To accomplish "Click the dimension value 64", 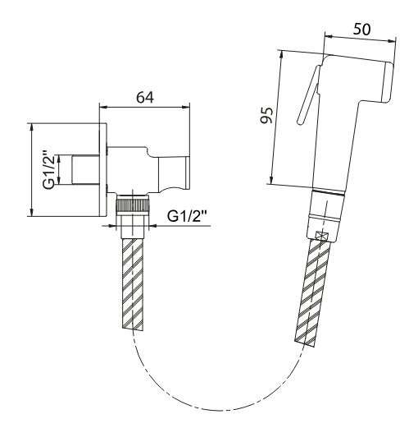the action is pyautogui.click(x=145, y=97).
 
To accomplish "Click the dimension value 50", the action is pyautogui.click(x=361, y=29).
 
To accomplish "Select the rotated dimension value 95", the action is pyautogui.click(x=266, y=115).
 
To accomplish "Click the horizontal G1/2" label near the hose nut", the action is pyautogui.click(x=187, y=216).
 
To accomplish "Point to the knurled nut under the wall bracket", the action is pyautogui.click(x=133, y=204).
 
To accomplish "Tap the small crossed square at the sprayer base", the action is pyautogui.click(x=320, y=237).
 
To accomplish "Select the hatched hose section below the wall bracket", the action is pyautogui.click(x=133, y=283).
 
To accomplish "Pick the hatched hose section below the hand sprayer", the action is pyautogui.click(x=312, y=292).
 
